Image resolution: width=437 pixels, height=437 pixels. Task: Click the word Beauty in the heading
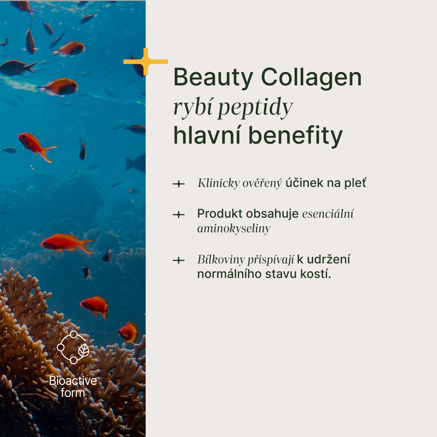point(213,78)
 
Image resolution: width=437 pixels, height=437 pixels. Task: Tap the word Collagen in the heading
point(311,78)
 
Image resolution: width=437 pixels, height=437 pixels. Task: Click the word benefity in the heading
point(295,136)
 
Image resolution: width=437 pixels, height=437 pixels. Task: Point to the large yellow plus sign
point(146,62)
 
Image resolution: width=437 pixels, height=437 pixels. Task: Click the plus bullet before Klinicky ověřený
point(179,184)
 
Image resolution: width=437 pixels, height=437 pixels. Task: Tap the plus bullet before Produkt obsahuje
point(179,214)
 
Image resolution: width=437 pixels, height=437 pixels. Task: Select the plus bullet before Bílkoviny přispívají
point(179,260)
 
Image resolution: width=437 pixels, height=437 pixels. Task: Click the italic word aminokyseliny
point(234,229)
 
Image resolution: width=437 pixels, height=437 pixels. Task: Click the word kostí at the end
point(315,274)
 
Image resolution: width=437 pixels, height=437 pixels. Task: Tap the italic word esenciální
point(328,214)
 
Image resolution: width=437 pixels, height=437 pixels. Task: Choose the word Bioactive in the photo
point(73,381)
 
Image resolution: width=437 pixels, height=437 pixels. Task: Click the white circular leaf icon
point(73,347)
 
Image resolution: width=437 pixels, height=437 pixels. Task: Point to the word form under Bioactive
point(73,393)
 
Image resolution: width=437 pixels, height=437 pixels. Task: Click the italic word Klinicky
point(218,183)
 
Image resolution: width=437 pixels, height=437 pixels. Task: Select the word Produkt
point(220,214)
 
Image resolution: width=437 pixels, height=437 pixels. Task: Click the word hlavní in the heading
point(207,135)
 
